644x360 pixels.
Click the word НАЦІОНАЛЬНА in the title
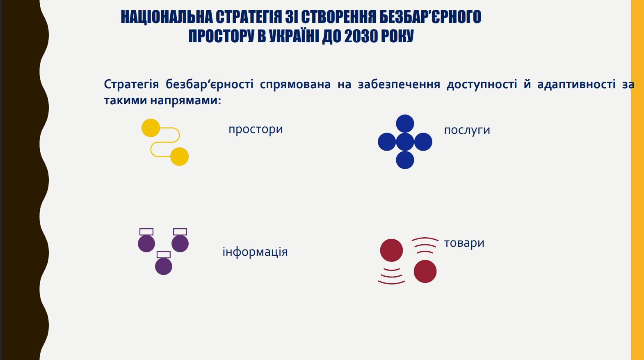pyautogui.click(x=167, y=17)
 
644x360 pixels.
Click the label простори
pyautogui.click(x=256, y=129)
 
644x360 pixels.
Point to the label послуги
pyautogui.click(x=467, y=131)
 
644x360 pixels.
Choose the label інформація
pyautogui.click(x=255, y=252)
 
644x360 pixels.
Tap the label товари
pyautogui.click(x=464, y=243)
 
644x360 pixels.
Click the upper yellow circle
pyautogui.click(x=151, y=128)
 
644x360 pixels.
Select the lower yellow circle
pyautogui.click(x=179, y=156)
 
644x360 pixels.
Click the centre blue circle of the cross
pyautogui.click(x=405, y=142)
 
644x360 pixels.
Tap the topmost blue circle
pyautogui.click(x=405, y=124)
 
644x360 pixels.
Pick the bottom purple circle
pyautogui.click(x=164, y=266)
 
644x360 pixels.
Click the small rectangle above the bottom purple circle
pyautogui.click(x=164, y=255)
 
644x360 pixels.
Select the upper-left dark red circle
pyautogui.click(x=391, y=250)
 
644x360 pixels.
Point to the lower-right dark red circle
pyautogui.click(x=425, y=271)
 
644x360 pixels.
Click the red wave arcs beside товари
pyautogui.click(x=425, y=239)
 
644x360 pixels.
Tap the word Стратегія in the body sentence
pyautogui.click(x=131, y=85)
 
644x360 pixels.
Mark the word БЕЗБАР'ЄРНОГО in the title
pyautogui.click(x=430, y=17)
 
